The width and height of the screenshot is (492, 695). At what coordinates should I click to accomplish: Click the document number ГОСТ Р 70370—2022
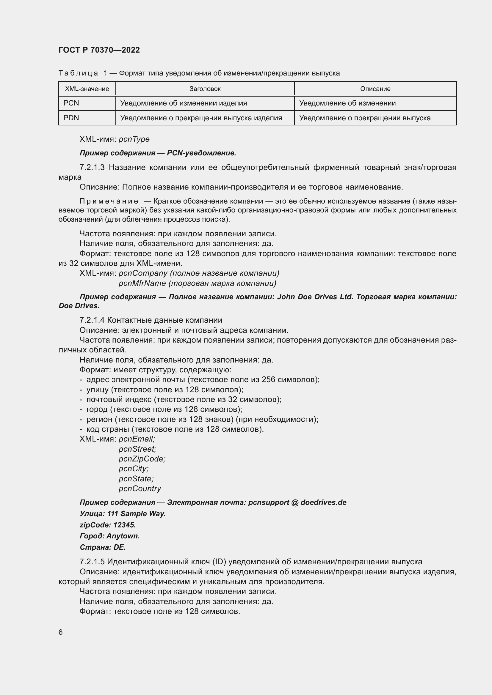click(99, 50)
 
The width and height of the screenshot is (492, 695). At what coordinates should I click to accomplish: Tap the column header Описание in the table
click(375, 89)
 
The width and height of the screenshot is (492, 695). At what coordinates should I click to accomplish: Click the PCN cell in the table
click(71, 103)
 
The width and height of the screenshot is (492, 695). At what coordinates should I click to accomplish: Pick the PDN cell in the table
click(71, 118)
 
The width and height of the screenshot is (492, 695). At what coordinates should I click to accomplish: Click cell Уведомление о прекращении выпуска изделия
click(201, 118)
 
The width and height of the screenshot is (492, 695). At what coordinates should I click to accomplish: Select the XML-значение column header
click(87, 89)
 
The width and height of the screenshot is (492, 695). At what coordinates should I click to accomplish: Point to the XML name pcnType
click(134, 139)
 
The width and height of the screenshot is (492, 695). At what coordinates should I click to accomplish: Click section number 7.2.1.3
click(92, 167)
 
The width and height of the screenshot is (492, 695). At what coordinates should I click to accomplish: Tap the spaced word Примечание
click(109, 201)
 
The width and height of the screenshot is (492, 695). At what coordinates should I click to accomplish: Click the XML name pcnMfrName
click(142, 283)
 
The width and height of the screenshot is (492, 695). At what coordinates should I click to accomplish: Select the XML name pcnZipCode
click(142, 459)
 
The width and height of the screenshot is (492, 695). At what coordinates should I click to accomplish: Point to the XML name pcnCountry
click(140, 488)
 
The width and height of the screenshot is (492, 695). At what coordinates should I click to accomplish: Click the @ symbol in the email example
click(295, 502)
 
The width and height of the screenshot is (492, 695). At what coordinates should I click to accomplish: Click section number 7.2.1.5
click(92, 562)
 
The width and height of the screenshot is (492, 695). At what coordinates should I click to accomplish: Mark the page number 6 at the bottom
click(61, 632)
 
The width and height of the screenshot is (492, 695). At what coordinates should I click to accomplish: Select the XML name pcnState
click(136, 479)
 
